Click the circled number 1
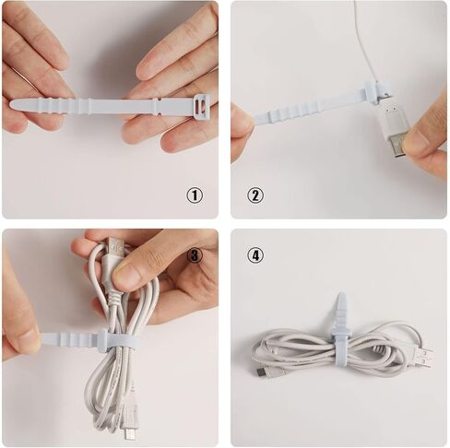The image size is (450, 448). [195, 195]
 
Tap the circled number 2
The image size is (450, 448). [255, 195]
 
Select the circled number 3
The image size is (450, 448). [195, 254]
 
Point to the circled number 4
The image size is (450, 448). [255, 254]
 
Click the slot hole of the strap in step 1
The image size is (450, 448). [199, 109]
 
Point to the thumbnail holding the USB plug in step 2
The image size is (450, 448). [417, 142]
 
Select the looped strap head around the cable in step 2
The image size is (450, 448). [373, 91]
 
